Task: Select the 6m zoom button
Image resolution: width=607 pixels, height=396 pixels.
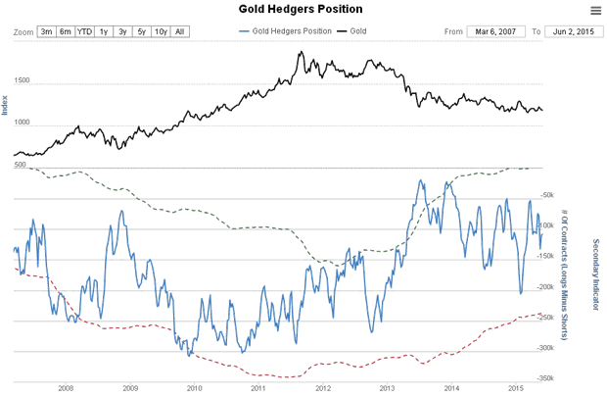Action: click(65, 32)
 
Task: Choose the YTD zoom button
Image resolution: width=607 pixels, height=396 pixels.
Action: click(84, 32)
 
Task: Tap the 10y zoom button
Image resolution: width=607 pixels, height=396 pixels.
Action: click(160, 32)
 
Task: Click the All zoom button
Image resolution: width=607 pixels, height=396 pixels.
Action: click(179, 32)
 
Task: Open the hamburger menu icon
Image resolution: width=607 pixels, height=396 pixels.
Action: click(595, 10)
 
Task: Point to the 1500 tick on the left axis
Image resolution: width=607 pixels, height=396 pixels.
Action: click(23, 82)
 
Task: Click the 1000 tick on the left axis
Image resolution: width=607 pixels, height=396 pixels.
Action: click(23, 124)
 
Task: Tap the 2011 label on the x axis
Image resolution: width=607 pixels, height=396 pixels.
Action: click(258, 388)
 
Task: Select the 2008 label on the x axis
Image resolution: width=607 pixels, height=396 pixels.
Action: click(66, 388)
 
